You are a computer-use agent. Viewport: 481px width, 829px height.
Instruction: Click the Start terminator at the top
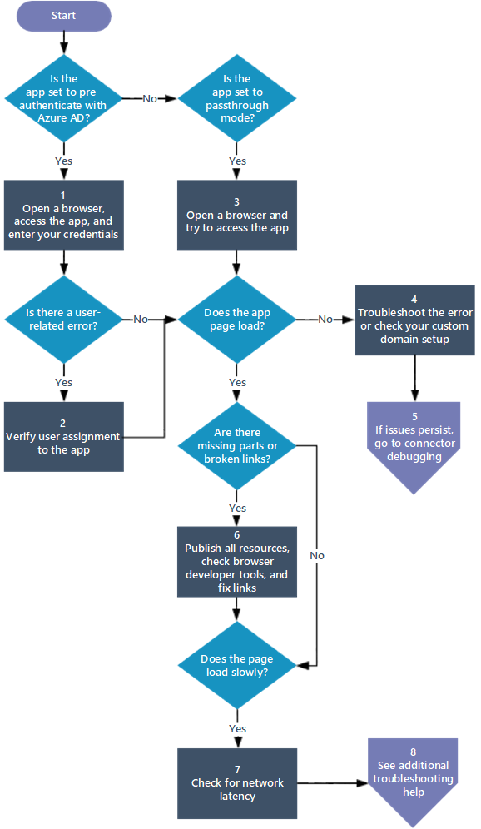(x=64, y=16)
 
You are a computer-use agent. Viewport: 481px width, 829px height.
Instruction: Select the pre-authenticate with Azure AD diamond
(x=63, y=98)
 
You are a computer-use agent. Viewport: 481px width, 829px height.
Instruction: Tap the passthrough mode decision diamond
(x=237, y=98)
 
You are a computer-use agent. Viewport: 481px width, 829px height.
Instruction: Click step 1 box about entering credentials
(x=63, y=215)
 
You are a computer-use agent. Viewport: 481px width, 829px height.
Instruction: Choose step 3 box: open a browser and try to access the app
(x=237, y=215)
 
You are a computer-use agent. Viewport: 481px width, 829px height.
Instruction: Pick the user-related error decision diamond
(x=63, y=319)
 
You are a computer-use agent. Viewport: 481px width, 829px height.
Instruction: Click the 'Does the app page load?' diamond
(x=237, y=319)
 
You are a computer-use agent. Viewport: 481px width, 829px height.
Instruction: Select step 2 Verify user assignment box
(x=63, y=436)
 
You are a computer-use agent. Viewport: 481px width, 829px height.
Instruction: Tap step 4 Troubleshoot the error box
(x=414, y=320)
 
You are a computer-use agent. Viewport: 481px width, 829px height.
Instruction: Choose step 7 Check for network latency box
(x=237, y=782)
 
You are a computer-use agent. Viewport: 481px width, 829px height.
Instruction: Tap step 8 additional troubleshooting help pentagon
(x=414, y=778)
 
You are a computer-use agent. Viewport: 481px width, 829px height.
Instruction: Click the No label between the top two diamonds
(x=150, y=98)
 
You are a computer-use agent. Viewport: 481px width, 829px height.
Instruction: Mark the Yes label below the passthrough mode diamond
(x=237, y=161)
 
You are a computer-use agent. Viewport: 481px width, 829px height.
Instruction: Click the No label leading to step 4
(x=325, y=319)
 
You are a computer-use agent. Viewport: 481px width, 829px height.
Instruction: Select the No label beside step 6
(x=317, y=555)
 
